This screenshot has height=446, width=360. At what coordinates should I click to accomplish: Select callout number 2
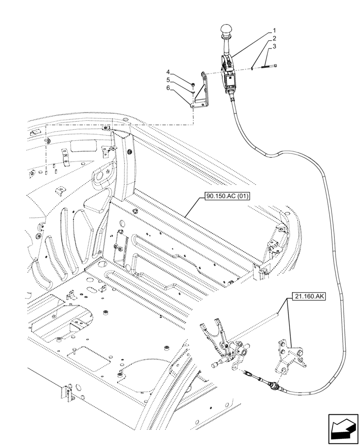point(275,39)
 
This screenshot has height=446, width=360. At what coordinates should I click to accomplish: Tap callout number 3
point(275,46)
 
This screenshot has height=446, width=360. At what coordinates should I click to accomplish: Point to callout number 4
point(168,72)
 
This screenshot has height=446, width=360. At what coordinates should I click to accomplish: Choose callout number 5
point(168,80)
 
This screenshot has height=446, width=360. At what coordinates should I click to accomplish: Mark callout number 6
point(168,88)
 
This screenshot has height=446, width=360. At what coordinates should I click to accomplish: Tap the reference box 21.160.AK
point(309,296)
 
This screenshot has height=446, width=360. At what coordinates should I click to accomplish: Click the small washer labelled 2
point(253,68)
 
